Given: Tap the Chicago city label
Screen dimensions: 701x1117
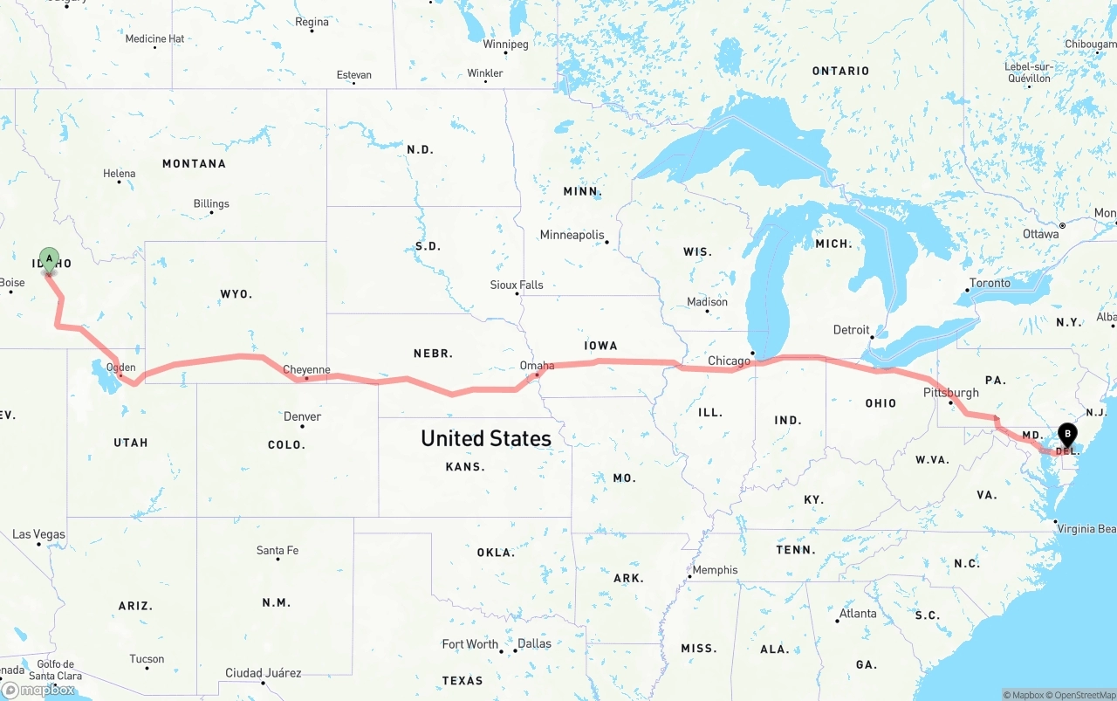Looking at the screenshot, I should [x=729, y=361].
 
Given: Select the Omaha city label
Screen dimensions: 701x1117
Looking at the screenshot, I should [x=537, y=366].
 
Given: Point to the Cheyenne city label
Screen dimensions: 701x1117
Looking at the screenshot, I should [x=306, y=370].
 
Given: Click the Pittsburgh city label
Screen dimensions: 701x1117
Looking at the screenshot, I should [x=950, y=393].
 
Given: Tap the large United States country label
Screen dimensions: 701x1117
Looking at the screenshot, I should [x=485, y=438].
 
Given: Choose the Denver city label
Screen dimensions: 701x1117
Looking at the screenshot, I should [x=302, y=416].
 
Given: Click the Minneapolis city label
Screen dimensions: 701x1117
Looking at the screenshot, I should [x=572, y=235].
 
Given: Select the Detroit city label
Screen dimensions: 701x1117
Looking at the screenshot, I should [x=851, y=330].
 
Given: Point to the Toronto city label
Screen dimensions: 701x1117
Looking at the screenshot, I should [x=990, y=283].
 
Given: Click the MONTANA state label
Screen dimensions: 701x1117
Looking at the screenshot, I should [x=194, y=163].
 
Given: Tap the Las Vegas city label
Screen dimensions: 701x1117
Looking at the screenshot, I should [x=38, y=534].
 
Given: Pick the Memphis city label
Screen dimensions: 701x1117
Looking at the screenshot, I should [x=715, y=570].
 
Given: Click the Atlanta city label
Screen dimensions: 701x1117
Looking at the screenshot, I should [x=857, y=614].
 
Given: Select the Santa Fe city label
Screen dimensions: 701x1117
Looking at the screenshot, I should [x=278, y=550].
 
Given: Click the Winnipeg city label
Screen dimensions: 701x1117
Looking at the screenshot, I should [x=505, y=44].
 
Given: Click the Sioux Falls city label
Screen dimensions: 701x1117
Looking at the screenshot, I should [x=516, y=285].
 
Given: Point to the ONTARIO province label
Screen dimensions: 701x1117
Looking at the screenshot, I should [x=840, y=71].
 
